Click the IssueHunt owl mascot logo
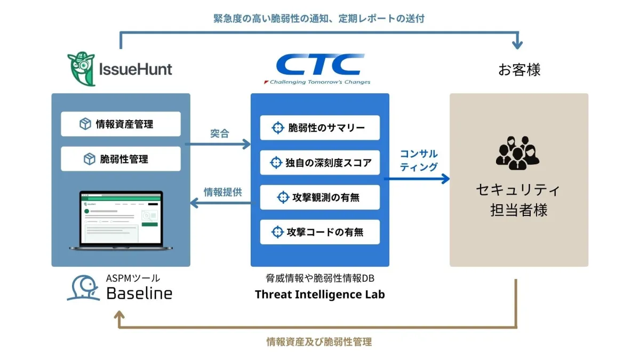(82, 69)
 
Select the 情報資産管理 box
(121, 124)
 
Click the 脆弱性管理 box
(121, 159)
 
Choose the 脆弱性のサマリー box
(320, 128)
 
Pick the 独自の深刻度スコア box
(320, 163)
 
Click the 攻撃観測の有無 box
(320, 197)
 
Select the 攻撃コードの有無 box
(320, 232)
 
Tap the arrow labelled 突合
(218, 144)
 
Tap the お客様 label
(519, 70)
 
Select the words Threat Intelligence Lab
(319, 294)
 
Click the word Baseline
(139, 293)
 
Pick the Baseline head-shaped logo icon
(83, 288)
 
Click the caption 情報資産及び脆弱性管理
(319, 342)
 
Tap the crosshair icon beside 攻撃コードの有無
(277, 232)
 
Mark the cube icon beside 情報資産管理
(85, 124)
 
